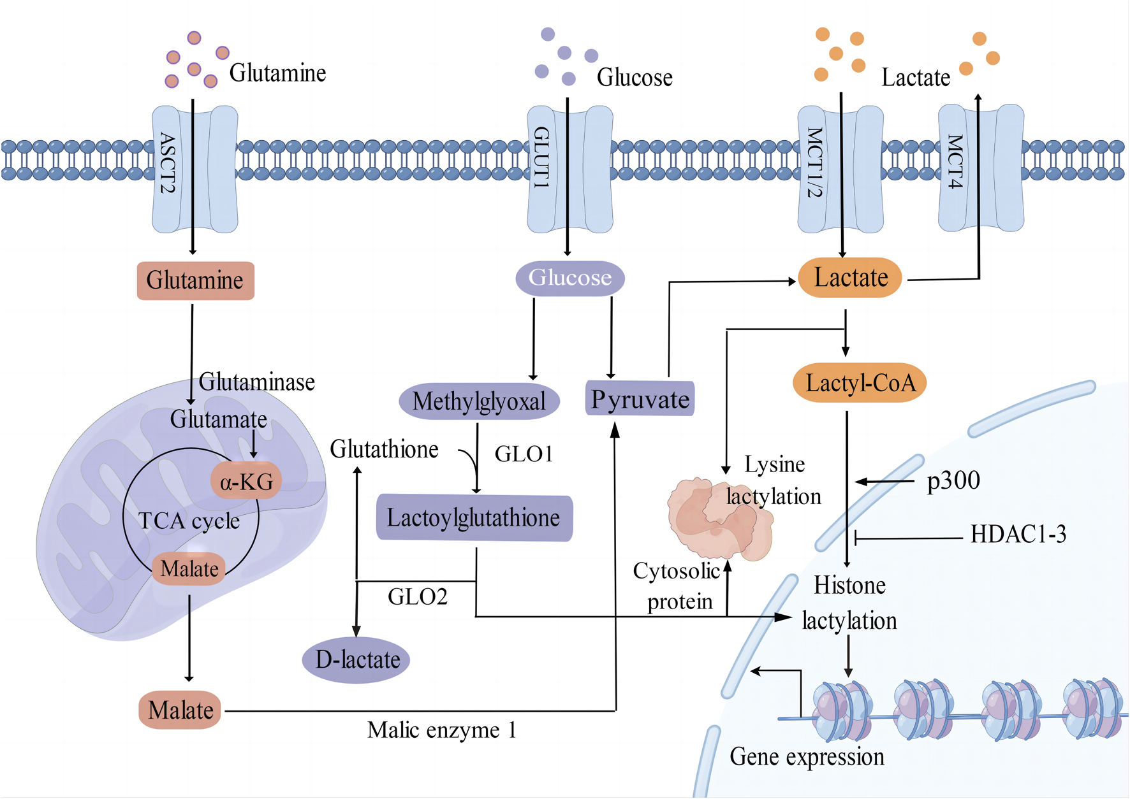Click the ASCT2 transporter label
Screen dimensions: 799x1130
(x=167, y=163)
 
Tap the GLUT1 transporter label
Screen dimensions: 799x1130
(x=541, y=157)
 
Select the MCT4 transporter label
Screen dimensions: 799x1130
(x=954, y=162)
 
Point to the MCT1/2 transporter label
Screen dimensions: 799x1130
(x=814, y=162)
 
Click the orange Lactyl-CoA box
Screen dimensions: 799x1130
(x=860, y=383)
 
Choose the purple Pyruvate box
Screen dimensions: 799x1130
(x=640, y=399)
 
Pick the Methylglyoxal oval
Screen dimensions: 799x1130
(x=479, y=401)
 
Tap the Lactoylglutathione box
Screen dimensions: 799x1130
(x=474, y=518)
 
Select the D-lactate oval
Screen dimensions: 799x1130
(x=356, y=659)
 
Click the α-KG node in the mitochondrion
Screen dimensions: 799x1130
(x=246, y=482)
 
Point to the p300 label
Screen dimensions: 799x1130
(x=953, y=480)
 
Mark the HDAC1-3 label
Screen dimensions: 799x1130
(x=1018, y=534)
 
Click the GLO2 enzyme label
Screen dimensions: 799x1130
(x=418, y=597)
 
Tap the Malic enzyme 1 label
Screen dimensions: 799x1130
(x=441, y=730)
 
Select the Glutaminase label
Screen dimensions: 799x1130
(x=257, y=382)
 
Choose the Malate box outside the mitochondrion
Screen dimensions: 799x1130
(x=180, y=710)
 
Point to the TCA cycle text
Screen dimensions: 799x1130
(x=189, y=521)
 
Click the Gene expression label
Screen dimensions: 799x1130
(x=807, y=757)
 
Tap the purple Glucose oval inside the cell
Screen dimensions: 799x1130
(x=569, y=278)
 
